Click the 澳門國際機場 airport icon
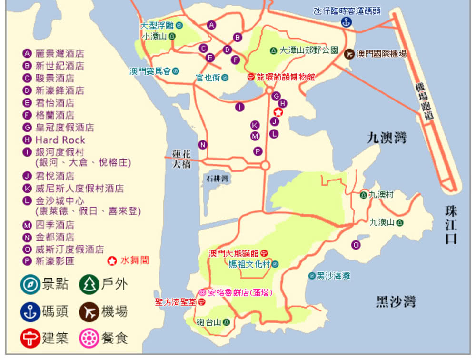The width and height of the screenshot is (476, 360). [x=349, y=54]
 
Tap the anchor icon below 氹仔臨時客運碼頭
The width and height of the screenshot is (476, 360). [x=346, y=22]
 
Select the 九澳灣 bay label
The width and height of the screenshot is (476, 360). [x=386, y=139]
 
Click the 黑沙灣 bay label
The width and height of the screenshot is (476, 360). [x=396, y=301]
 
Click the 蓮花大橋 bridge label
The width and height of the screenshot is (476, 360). [x=182, y=159]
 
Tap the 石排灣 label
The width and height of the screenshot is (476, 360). [x=218, y=179]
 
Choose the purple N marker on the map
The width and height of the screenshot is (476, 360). [x=203, y=145]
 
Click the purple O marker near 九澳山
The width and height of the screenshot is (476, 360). [x=356, y=245]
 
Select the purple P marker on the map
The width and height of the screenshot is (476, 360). [x=258, y=151]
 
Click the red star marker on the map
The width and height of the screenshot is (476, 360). [x=278, y=112]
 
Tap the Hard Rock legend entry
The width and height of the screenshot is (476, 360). [x=60, y=140]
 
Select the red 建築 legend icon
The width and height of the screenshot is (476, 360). [x=30, y=338]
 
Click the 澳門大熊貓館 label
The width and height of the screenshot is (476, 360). [x=234, y=253]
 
